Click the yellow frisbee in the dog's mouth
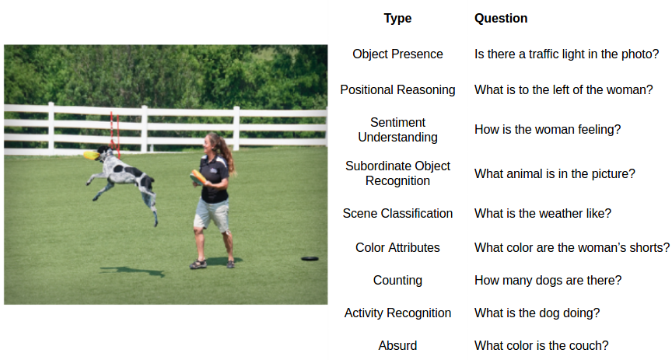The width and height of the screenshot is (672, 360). pyautogui.click(x=91, y=155)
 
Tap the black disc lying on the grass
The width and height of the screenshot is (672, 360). pyautogui.click(x=310, y=258)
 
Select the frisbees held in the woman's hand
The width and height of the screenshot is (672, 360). pyautogui.click(x=198, y=177)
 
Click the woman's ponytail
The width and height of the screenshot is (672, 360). pyautogui.click(x=226, y=153)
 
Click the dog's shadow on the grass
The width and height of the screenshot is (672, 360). pyautogui.click(x=132, y=271)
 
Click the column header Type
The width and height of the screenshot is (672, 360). pyautogui.click(x=397, y=19)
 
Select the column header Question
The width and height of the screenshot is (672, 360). pyautogui.click(x=501, y=19)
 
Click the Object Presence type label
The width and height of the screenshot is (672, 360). pyautogui.click(x=397, y=54)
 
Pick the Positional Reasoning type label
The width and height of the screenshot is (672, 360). pyautogui.click(x=397, y=90)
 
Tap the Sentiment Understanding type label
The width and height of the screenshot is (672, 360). pyautogui.click(x=397, y=130)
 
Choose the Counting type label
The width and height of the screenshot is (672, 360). pyautogui.click(x=397, y=280)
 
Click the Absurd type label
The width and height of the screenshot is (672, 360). pyautogui.click(x=397, y=345)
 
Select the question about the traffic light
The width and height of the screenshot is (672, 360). pyautogui.click(x=566, y=54)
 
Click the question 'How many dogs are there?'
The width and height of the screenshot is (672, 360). pyautogui.click(x=548, y=280)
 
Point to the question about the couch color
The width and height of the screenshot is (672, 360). pyautogui.click(x=541, y=345)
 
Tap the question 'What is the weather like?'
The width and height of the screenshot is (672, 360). pyautogui.click(x=543, y=213)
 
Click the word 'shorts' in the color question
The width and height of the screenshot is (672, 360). pyautogui.click(x=646, y=248)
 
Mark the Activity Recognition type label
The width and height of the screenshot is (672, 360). pyautogui.click(x=397, y=313)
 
